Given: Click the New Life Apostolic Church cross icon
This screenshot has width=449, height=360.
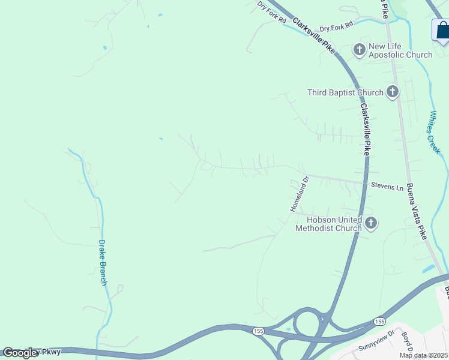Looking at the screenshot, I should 360,50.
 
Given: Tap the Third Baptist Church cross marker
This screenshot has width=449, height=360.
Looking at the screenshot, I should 392,92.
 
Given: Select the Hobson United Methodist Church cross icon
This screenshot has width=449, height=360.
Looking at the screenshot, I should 371,224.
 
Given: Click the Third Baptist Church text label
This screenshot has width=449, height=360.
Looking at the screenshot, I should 345,92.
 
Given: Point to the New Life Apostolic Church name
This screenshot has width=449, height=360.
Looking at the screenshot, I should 400,50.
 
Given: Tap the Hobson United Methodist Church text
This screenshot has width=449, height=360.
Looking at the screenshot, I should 328,224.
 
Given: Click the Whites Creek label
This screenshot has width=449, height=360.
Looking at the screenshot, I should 433,133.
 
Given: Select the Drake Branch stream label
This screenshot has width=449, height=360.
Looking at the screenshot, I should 103,262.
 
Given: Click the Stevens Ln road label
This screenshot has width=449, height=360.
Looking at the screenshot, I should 387,187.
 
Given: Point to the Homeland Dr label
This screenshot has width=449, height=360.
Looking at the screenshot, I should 299,193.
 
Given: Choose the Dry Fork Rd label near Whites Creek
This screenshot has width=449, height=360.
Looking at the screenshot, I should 336,28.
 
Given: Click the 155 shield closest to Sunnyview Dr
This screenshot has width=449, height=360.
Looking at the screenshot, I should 379,322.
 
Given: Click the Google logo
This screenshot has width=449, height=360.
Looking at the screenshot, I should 20,353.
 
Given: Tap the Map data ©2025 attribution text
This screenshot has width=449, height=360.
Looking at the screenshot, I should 424,355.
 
